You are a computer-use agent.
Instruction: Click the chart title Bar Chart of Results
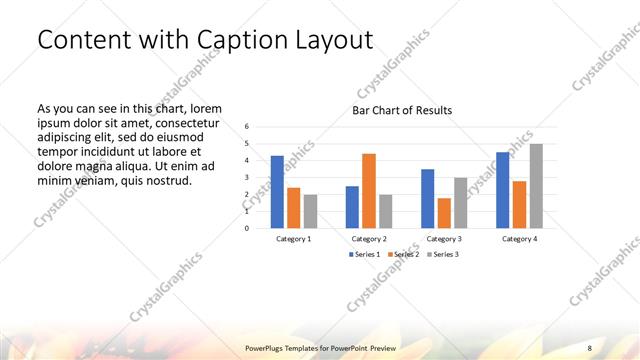401,110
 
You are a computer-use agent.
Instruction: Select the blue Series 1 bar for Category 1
277,191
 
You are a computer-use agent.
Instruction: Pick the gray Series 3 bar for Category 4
536,185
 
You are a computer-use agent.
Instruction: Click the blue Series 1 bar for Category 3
428,198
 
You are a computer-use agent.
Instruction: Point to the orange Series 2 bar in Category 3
444,212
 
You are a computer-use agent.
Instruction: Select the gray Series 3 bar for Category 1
310,211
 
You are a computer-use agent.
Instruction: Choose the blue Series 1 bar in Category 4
503,189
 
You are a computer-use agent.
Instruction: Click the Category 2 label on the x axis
369,239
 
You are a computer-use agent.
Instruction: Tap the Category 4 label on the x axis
519,239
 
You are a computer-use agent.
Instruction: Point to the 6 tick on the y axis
247,126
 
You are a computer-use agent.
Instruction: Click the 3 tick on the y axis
247,177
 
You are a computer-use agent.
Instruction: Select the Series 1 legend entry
364,254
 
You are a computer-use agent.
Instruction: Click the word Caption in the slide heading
251,41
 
